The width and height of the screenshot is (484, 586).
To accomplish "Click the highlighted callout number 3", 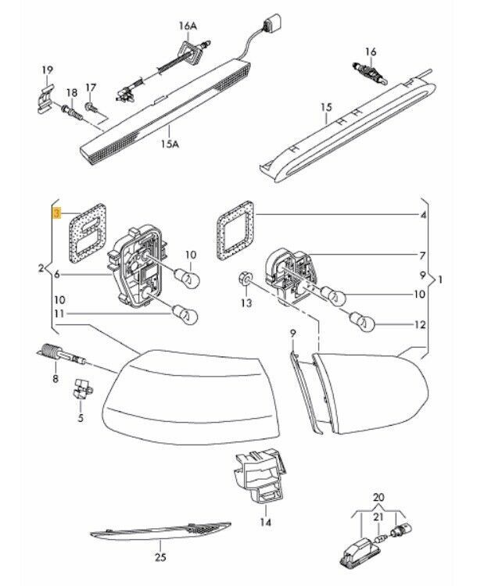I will pos(56,212).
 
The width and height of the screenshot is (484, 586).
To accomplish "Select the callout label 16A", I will pos(188,26).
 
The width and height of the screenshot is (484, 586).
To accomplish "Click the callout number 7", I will pos(423,255).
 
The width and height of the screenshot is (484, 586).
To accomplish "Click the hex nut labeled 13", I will pos(244,279).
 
